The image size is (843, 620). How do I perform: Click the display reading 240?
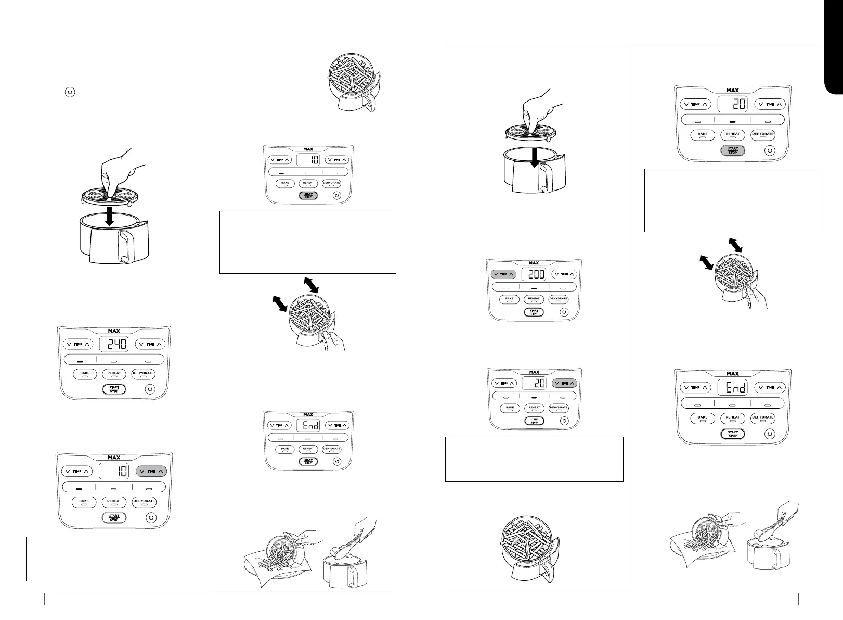pos(114,344)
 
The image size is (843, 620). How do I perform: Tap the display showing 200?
pos(534,274)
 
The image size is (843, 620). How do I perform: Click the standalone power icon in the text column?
pos(70,92)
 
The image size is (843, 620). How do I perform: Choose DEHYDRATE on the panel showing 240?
pos(144,374)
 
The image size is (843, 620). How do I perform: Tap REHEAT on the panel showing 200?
pos(534,299)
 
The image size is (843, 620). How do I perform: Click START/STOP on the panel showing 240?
pos(114,389)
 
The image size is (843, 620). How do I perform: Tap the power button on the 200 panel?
pos(564,312)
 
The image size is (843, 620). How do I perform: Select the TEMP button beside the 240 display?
pos(77,344)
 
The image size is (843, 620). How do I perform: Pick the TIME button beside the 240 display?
pos(151,344)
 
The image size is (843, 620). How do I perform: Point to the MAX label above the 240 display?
pos(114,331)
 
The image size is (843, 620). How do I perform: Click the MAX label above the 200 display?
pos(534,263)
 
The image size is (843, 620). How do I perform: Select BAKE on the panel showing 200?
pos(509,299)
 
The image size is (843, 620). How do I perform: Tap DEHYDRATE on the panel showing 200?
pos(558,299)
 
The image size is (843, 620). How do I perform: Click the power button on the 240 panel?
pos(150,389)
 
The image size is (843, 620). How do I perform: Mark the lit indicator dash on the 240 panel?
pos(80,360)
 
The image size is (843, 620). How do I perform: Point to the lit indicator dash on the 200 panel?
pos(534,288)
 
